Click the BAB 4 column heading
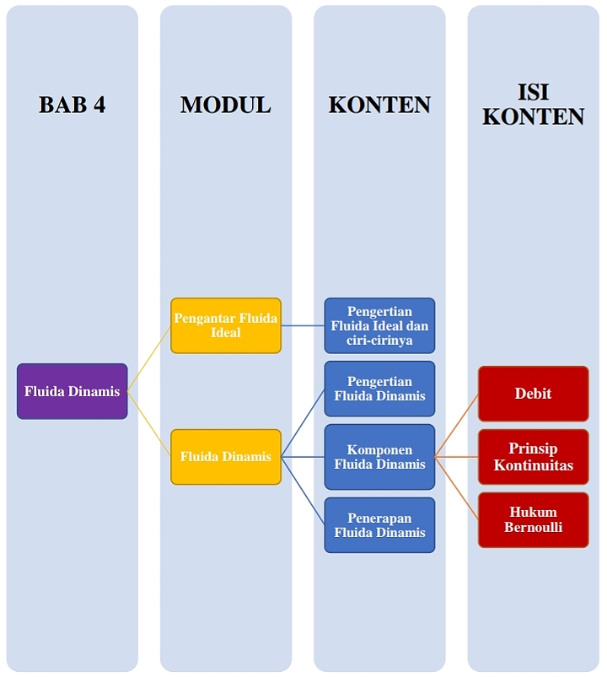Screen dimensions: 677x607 pos(73,105)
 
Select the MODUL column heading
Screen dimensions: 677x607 pos(226,105)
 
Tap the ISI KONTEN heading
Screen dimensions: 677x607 pos(534,105)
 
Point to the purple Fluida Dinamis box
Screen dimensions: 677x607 pos(73,391)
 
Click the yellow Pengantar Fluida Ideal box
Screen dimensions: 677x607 pos(226,325)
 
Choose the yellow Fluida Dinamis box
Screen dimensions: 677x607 pos(226,457)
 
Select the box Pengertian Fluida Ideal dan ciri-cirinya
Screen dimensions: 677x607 pos(379,325)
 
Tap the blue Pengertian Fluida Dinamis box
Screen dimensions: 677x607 pos(379,389)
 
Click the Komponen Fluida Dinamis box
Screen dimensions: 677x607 pos(379,457)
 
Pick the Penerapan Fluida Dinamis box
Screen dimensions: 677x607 pos(379,525)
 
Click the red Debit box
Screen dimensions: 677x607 pos(533,394)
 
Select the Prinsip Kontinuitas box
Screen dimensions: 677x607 pos(533,457)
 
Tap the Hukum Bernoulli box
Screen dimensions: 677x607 pos(533,520)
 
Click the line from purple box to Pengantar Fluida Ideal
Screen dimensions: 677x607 pos(149,358)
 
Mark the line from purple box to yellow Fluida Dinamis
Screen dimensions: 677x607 pos(149,424)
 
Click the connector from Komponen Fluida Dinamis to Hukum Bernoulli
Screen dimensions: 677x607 pos(457,488)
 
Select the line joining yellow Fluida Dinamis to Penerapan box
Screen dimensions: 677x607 pos(303,491)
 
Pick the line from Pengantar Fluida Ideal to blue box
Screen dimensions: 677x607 pos(303,325)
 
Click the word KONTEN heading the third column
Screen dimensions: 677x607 pos(379,105)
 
